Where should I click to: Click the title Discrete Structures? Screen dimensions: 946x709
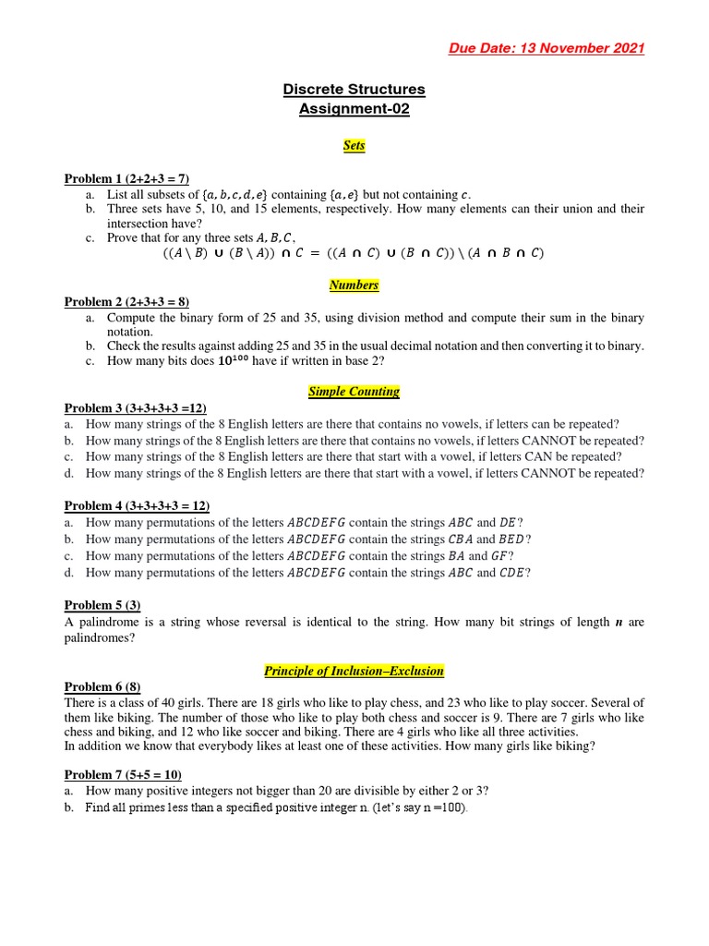[354, 90]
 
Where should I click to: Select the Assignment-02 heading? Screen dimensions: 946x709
[354, 110]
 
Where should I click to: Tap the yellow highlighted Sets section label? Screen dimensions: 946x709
[354, 146]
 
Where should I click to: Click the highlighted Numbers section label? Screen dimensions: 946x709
[354, 285]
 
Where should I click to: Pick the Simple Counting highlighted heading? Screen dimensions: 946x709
[354, 392]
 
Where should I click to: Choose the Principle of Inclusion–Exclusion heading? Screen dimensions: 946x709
[354, 671]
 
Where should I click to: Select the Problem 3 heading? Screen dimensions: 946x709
[135, 408]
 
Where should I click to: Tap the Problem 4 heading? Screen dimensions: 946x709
[137, 506]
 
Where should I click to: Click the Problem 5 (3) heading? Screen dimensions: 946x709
[102, 605]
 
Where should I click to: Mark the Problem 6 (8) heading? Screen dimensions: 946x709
[102, 687]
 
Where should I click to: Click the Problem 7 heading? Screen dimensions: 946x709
[128, 775]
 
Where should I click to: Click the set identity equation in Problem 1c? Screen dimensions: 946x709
[354, 253]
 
